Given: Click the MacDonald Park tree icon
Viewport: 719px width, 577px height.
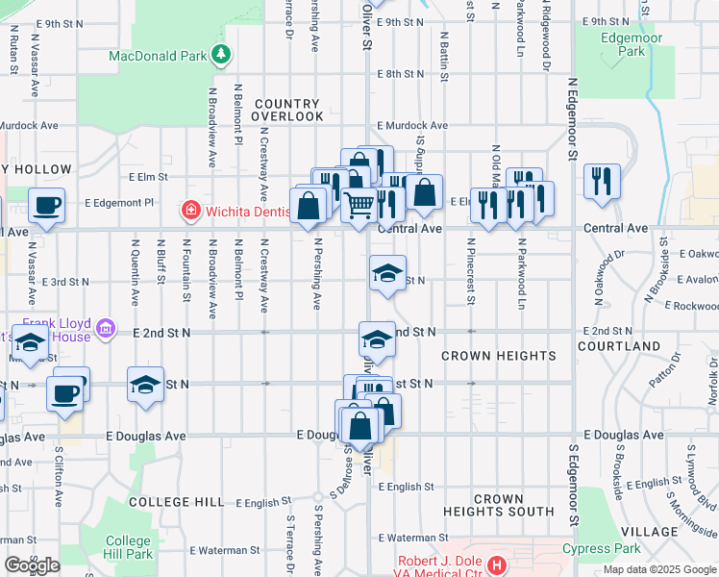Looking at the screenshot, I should (x=222, y=55).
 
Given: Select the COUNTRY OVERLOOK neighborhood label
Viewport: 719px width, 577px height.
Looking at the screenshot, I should (x=287, y=110).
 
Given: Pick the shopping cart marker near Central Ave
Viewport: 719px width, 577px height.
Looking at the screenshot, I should (x=359, y=205).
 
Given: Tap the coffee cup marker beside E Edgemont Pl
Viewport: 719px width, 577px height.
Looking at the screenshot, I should (x=46, y=205).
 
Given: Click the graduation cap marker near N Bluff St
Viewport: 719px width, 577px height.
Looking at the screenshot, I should (x=145, y=385).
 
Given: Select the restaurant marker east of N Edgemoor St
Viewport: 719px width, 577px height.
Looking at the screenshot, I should (x=602, y=181).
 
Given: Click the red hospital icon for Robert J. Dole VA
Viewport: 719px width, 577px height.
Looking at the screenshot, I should (x=497, y=564).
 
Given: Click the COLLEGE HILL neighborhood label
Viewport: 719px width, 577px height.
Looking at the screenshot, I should (x=176, y=502).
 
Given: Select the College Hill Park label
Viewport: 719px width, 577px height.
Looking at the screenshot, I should (x=128, y=547).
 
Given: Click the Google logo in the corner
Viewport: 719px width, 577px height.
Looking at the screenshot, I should (x=32, y=565).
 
